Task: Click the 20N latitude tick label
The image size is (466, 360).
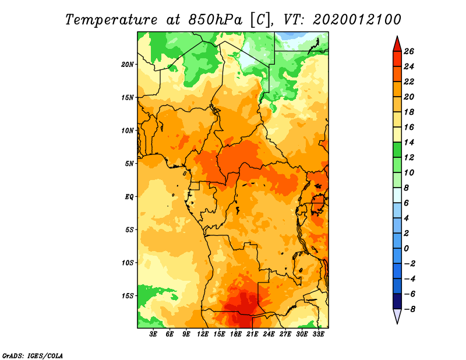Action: point(128,65)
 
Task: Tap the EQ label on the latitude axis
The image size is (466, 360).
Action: point(129,197)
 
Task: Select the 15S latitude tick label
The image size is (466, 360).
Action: point(128,296)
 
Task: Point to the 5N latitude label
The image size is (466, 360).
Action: point(129,164)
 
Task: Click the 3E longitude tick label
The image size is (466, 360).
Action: point(153,334)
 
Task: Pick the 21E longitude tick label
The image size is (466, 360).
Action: point(252,334)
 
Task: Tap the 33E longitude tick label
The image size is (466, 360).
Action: point(318,334)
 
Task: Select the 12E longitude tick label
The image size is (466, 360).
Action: point(202,334)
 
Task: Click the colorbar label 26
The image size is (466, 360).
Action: point(409,51)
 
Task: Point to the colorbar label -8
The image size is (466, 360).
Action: point(409,309)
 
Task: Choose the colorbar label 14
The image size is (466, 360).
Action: point(409,142)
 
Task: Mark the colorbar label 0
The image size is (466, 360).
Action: point(406,249)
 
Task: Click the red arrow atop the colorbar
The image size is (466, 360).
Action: point(397,44)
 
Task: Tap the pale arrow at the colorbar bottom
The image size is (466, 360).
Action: point(397,316)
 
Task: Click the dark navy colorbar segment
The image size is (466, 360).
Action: point(397,301)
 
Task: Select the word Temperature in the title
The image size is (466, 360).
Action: point(111,20)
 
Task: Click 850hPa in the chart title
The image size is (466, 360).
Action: point(216,20)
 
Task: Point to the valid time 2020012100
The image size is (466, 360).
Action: point(357,20)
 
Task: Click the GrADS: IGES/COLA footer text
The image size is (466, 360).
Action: point(33,356)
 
